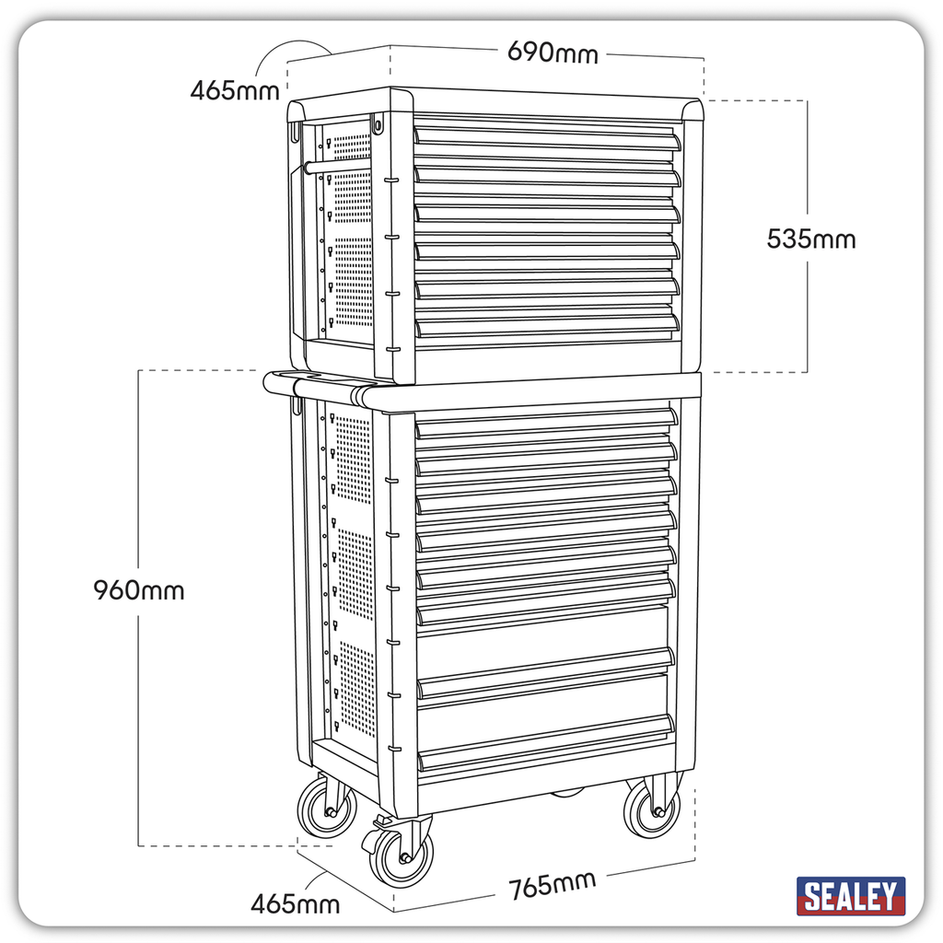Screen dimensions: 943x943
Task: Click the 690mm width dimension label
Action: (553, 52)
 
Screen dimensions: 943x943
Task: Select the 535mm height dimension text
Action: (811, 239)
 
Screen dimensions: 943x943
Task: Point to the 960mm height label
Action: (139, 590)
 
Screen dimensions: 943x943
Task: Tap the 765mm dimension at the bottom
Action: (553, 886)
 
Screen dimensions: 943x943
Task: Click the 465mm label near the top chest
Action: (235, 91)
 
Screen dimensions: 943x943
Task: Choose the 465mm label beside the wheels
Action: (295, 903)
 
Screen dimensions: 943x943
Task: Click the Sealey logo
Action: (850, 895)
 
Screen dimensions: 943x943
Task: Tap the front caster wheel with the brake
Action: (402, 856)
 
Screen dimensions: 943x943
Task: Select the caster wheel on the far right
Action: (653, 810)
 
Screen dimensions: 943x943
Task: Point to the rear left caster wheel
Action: (327, 809)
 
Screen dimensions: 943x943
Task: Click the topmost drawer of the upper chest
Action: (547, 136)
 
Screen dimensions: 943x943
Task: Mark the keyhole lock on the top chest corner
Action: (377, 122)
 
